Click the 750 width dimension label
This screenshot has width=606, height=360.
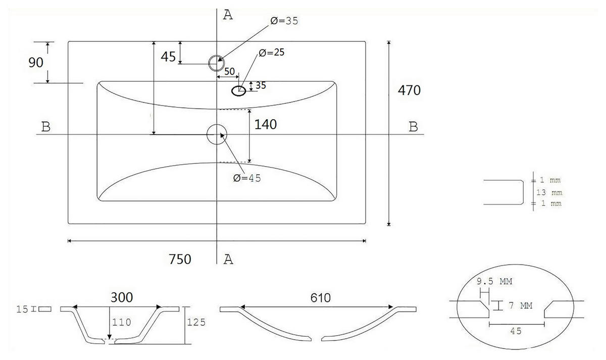click(x=180, y=259)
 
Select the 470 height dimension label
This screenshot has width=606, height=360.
click(x=409, y=90)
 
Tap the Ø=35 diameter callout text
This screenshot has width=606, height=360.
click(x=284, y=21)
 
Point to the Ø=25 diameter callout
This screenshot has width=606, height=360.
click(x=271, y=52)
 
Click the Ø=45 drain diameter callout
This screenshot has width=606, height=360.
click(x=247, y=178)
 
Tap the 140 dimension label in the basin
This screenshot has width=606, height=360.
click(x=266, y=124)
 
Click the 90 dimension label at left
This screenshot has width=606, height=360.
click(x=36, y=63)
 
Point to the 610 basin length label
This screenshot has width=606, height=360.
click(x=320, y=298)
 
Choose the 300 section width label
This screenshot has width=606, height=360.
click(x=122, y=297)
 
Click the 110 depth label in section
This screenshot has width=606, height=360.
click(x=122, y=322)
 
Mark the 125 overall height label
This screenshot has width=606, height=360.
click(x=196, y=322)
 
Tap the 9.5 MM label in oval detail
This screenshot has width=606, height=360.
click(x=494, y=281)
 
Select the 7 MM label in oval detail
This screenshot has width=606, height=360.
click(x=520, y=305)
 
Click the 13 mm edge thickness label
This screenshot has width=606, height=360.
click(x=549, y=192)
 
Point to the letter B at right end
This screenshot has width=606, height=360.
click(x=413, y=127)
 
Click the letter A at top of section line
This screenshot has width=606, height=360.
click(x=228, y=15)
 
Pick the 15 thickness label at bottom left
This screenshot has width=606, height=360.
click(x=22, y=309)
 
